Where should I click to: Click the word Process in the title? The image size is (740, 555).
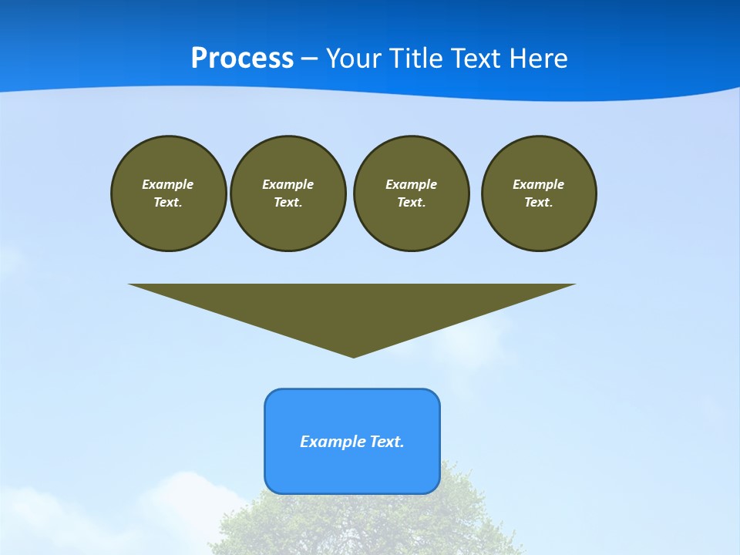pyautogui.click(x=242, y=59)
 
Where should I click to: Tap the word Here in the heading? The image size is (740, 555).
pyautogui.click(x=538, y=59)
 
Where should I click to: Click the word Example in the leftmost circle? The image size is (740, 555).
pyautogui.click(x=168, y=184)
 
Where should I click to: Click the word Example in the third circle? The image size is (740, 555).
pyautogui.click(x=411, y=184)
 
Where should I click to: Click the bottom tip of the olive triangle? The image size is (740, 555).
pyautogui.click(x=353, y=355)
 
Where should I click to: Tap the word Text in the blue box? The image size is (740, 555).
pyautogui.click(x=386, y=442)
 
